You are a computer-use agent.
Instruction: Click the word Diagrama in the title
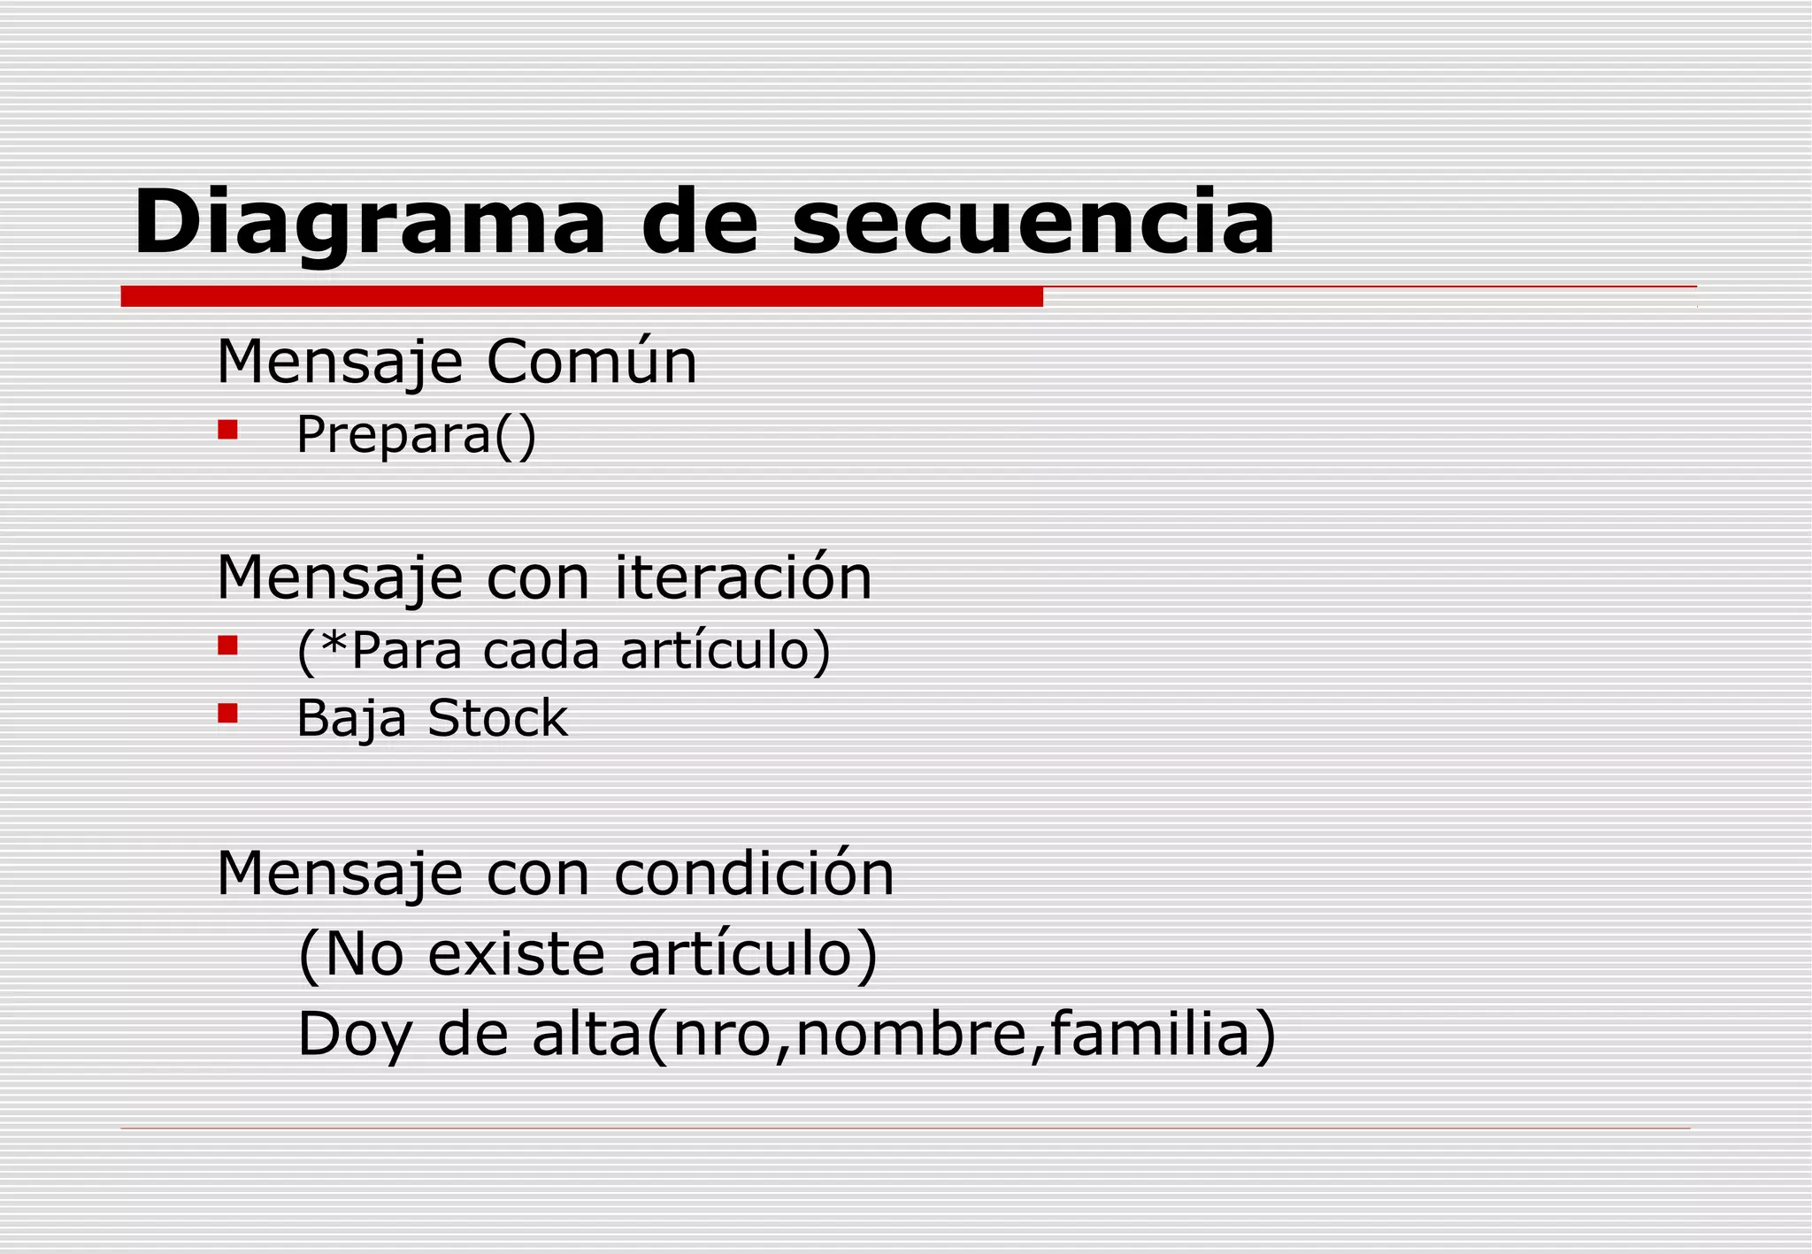[369, 223]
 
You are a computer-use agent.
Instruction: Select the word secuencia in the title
[1033, 223]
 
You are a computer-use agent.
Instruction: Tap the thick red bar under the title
[581, 296]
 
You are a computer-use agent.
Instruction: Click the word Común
[591, 362]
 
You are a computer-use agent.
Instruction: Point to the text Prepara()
[416, 435]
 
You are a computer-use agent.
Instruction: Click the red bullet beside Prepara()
[228, 431]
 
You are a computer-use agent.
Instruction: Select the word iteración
[743, 577]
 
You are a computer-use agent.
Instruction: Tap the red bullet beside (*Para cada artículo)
[228, 646]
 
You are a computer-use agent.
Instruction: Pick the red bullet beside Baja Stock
[228, 713]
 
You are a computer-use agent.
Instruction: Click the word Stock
[497, 718]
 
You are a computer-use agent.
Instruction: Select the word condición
[754, 874]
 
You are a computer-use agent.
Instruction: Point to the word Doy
[355, 1036]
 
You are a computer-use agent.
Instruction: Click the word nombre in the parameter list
[910, 1036]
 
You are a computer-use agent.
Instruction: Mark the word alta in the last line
[587, 1034]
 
